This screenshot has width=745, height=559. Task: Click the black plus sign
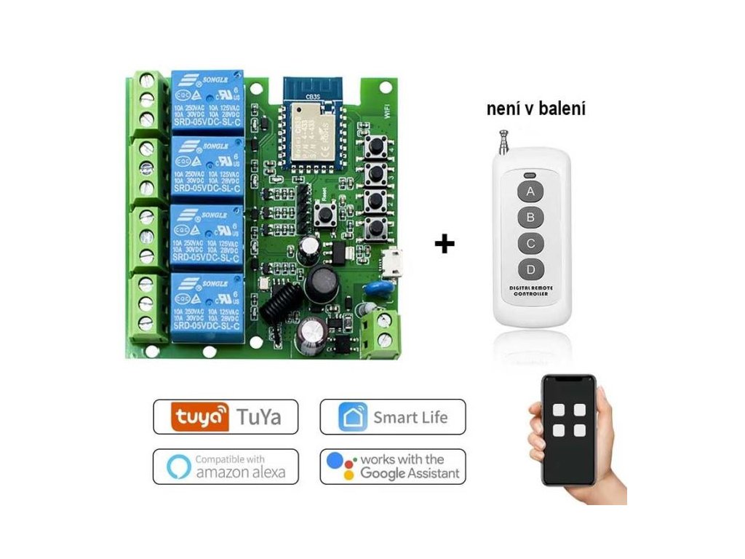click(444, 243)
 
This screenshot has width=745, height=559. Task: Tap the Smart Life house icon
click(352, 417)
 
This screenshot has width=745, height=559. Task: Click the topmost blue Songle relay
click(207, 100)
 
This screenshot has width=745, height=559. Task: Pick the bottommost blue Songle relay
click(207, 305)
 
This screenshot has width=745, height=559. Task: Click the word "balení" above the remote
click(563, 110)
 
